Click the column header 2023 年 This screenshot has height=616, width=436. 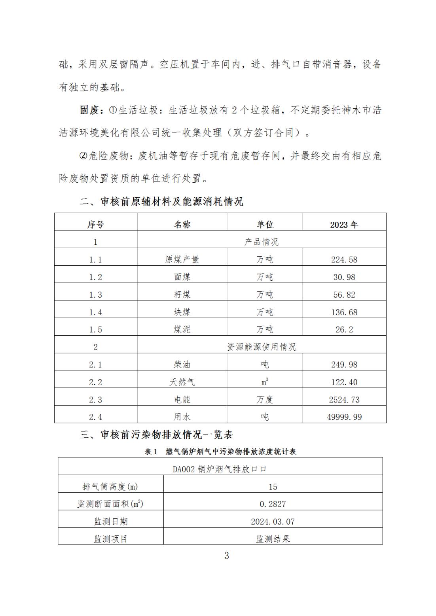tap(344, 225)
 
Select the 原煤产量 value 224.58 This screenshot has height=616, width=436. tap(344, 259)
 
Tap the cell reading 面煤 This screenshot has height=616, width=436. tap(182, 277)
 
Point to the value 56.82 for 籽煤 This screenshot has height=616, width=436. tap(344, 295)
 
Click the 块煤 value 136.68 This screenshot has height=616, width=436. tap(344, 312)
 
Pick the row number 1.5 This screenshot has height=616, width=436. tap(95, 329)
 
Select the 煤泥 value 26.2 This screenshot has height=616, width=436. tap(344, 329)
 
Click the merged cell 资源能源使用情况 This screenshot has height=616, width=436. tap(261, 347)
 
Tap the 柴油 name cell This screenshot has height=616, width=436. tap(182, 364)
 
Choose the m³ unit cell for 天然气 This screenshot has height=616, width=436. tap(265, 382)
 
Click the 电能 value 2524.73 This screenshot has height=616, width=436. tap(344, 399)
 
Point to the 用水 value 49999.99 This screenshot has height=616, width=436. tap(344, 417)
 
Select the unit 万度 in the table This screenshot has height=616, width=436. tap(265, 399)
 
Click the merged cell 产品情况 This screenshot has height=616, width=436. tap(261, 242)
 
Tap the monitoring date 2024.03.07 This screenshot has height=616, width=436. tap(273, 522)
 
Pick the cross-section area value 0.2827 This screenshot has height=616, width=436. tap(273, 504)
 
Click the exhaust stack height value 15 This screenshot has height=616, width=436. tap(273, 487)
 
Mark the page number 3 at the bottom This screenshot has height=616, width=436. tap(226, 556)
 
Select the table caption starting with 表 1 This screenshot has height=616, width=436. tap(220, 452)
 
